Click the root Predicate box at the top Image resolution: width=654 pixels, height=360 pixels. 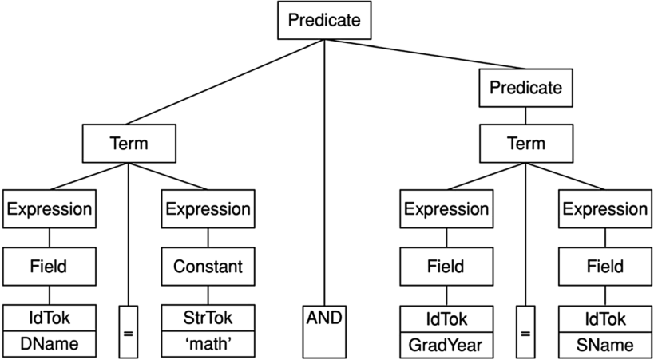tap(324, 21)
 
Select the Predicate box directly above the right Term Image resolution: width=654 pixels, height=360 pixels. tap(525, 87)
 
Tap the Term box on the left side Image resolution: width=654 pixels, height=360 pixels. tap(129, 144)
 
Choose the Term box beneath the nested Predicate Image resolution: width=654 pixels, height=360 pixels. tap(525, 144)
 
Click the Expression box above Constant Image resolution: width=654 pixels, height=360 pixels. tap(208, 209)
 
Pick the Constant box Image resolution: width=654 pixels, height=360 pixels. tap(208, 267)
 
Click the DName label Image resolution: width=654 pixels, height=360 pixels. tap(50, 345)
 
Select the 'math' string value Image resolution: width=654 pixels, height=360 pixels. tap(208, 345)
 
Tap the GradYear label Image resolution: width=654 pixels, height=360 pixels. tap(446, 345)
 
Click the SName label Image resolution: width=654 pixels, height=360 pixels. tap(604, 345)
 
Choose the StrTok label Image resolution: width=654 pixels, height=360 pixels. tap(208, 318)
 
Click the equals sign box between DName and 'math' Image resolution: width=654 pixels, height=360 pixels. tap(129, 330)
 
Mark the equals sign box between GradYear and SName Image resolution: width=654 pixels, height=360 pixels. tap(525, 330)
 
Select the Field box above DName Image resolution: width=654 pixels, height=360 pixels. tap(50, 267)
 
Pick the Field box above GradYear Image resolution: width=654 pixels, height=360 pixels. tap(446, 267)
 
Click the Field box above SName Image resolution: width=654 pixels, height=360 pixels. tap(604, 267)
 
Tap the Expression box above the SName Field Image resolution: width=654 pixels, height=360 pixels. tap(604, 209)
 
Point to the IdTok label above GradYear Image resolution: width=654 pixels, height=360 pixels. tap(446, 318)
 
